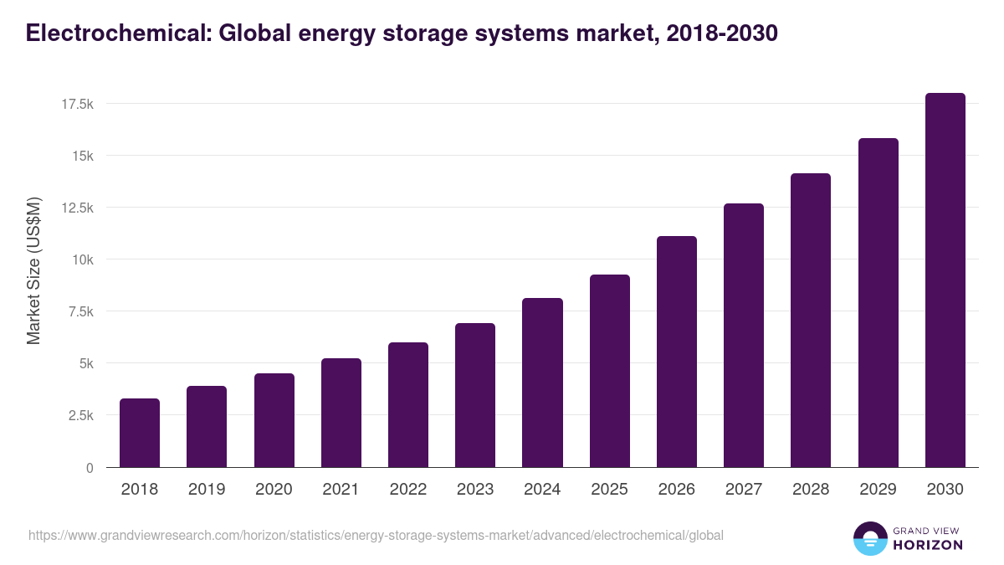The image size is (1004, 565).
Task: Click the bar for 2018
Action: pyautogui.click(x=140, y=433)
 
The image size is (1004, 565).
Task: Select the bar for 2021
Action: pyautogui.click(x=341, y=413)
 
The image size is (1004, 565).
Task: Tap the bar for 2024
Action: pyautogui.click(x=542, y=383)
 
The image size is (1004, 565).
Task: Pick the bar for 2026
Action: pyautogui.click(x=677, y=352)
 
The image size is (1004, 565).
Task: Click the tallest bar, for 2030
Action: pyautogui.click(x=945, y=280)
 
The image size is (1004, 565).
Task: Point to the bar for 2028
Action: pyautogui.click(x=811, y=321)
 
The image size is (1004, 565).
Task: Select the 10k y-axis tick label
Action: pyautogui.click(x=81, y=259)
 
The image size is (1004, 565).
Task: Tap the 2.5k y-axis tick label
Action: pyautogui.click(x=79, y=416)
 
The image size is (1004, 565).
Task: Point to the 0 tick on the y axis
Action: pyautogui.click(x=89, y=468)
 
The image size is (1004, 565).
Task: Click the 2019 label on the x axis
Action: pyautogui.click(x=207, y=490)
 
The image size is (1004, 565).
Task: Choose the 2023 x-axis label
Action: pyautogui.click(x=475, y=490)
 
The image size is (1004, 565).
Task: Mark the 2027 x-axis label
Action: pyautogui.click(x=744, y=490)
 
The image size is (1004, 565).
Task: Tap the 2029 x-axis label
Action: pyautogui.click(x=878, y=490)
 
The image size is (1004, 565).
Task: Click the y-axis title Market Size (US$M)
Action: pyautogui.click(x=33, y=270)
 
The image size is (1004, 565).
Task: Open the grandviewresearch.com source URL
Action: pyautogui.click(x=376, y=535)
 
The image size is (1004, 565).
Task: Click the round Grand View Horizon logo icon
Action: pyautogui.click(x=869, y=539)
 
